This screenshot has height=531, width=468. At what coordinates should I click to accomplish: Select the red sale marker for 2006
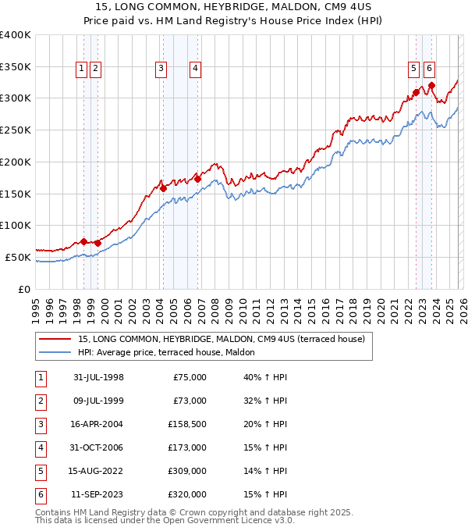click(x=198, y=179)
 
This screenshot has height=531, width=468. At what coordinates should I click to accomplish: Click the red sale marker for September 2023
click(x=431, y=86)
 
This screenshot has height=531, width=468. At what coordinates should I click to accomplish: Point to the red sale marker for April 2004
click(x=163, y=188)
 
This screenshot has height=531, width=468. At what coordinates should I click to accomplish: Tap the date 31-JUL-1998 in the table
click(x=98, y=377)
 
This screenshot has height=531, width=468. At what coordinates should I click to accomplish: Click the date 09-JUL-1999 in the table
click(x=98, y=401)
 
